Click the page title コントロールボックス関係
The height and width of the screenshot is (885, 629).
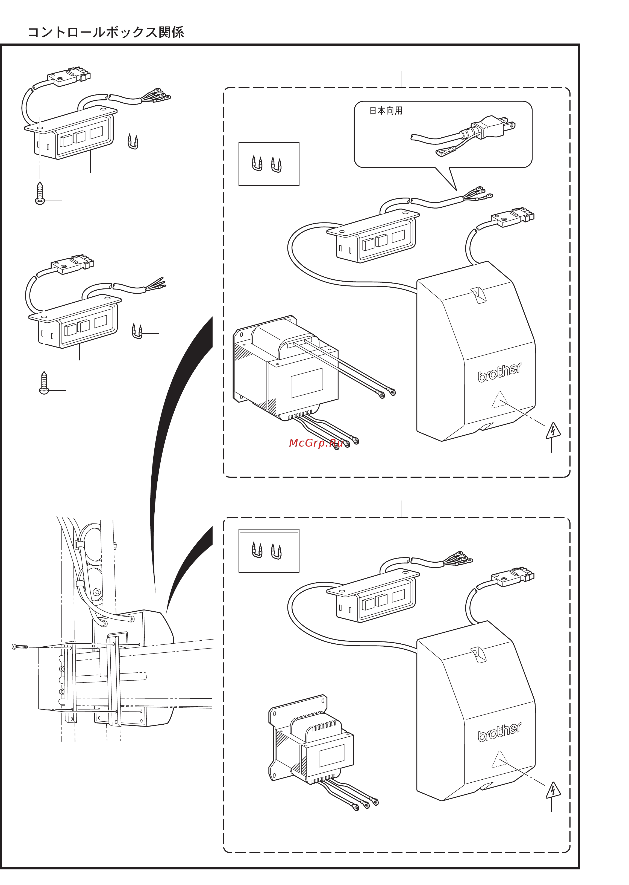(x=106, y=32)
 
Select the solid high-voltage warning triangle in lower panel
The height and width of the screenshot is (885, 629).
(x=553, y=790)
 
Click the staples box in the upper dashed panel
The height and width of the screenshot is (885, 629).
(x=269, y=164)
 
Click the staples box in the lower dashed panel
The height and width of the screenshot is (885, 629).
(x=269, y=550)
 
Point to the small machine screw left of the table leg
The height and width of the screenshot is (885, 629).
(x=20, y=646)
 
